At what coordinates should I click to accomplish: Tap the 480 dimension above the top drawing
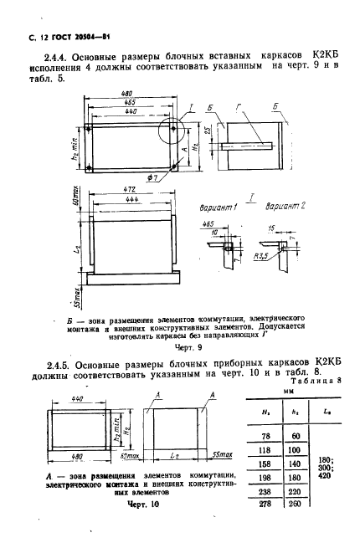tap(101, 94)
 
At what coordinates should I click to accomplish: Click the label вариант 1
tap(213, 229)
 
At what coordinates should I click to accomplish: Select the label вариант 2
tap(273, 229)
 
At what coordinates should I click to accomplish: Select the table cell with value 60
tap(296, 435)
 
